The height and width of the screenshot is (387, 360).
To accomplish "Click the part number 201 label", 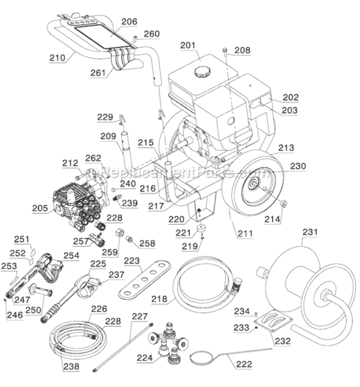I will tap(188, 45).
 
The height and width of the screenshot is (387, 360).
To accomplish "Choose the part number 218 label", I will tap(158, 299).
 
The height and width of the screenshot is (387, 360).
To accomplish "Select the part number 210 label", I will tap(58, 58).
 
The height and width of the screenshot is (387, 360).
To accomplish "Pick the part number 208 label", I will tap(242, 51).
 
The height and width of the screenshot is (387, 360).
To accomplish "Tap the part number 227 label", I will tap(139, 317).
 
